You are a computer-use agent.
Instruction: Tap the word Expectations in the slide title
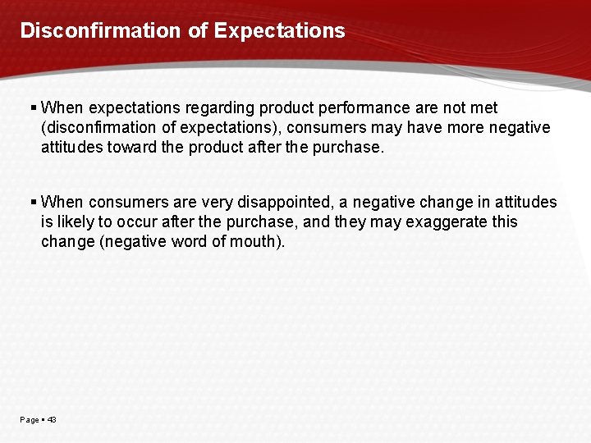(280, 31)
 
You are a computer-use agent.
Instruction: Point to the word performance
(361, 107)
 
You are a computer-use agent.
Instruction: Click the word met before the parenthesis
(483, 107)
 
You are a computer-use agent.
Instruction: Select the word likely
(76, 221)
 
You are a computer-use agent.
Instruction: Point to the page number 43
(52, 419)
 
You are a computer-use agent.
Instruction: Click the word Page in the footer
(29, 419)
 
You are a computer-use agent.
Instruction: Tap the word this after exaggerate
(502, 221)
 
